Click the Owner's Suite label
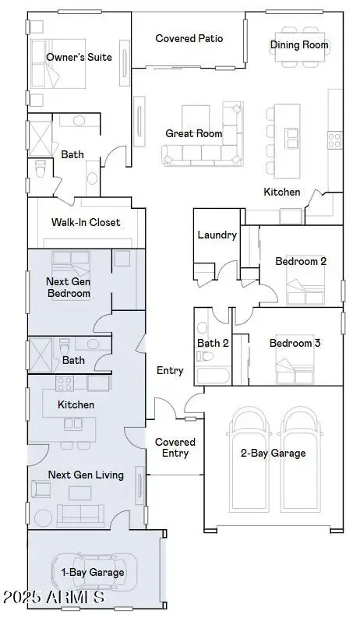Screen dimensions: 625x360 pyautogui.click(x=79, y=57)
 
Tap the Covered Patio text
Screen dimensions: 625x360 pyautogui.click(x=189, y=38)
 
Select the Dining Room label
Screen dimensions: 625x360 pyautogui.click(x=299, y=45)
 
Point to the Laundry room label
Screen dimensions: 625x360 pyautogui.click(x=217, y=235)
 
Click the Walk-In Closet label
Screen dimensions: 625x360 pyautogui.click(x=86, y=222)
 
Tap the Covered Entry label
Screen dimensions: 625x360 pyautogui.click(x=175, y=447)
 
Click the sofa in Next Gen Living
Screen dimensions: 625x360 pyautogui.click(x=81, y=515)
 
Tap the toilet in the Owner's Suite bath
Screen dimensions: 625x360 pyautogui.click(x=42, y=168)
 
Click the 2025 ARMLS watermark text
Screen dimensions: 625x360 pyautogui.click(x=53, y=599)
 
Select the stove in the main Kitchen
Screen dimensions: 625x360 pyautogui.click(x=334, y=140)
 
